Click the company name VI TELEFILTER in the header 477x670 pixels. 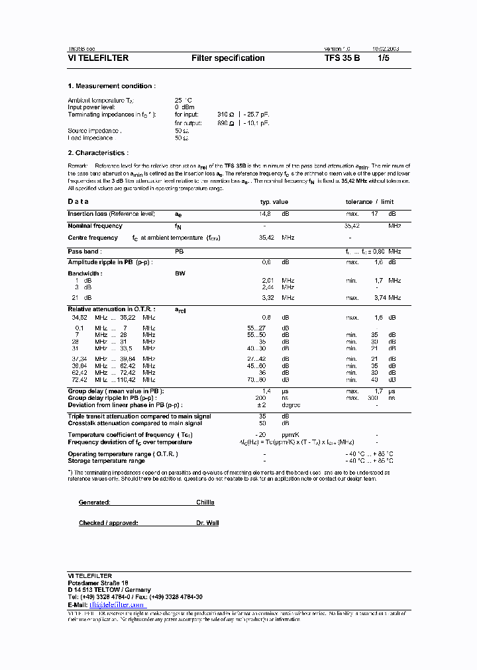(98, 58)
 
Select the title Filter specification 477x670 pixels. (228, 58)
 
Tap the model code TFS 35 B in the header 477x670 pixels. (343, 58)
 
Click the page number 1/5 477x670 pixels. (384, 58)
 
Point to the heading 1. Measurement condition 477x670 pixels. (111, 86)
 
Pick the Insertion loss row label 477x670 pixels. (111, 214)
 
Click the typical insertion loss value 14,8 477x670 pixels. (264, 214)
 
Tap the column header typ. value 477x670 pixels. (274, 201)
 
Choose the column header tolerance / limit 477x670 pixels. (369, 201)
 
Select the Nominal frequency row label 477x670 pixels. (95, 226)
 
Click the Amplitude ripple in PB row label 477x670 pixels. (110, 262)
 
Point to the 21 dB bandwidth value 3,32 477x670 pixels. (269, 298)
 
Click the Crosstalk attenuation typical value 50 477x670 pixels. (262, 422)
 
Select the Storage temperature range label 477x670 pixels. (107, 460)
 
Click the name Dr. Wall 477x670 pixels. (207, 523)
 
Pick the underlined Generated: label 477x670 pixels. (94, 502)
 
